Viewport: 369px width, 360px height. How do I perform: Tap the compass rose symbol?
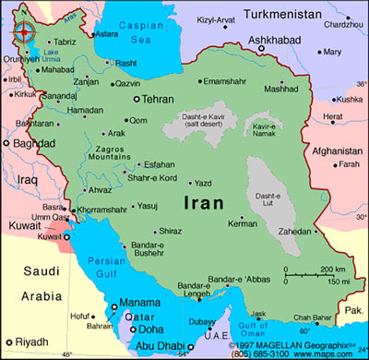click(20, 31)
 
